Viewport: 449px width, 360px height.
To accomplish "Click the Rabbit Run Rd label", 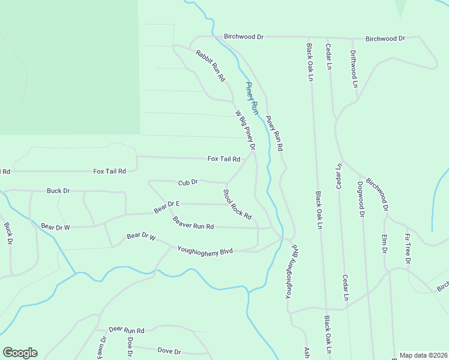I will pyautogui.click(x=210, y=65).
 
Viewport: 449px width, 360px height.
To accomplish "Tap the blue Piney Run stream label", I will pyautogui.click(x=251, y=98).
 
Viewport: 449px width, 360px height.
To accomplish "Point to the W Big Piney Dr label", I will pyautogui.click(x=245, y=130).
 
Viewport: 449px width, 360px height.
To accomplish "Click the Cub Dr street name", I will pyautogui.click(x=188, y=182).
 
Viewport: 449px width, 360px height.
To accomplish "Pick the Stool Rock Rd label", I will pyautogui.click(x=237, y=204).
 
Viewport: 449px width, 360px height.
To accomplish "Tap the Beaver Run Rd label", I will pyautogui.click(x=193, y=223).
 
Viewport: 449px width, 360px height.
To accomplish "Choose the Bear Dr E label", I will pyautogui.click(x=167, y=206).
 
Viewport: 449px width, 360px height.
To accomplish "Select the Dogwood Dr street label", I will pyautogui.click(x=361, y=198).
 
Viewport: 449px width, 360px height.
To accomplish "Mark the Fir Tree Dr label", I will pyautogui.click(x=407, y=248).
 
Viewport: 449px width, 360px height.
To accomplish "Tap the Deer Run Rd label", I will pyautogui.click(x=127, y=330).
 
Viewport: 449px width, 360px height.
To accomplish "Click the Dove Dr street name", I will pyautogui.click(x=169, y=350).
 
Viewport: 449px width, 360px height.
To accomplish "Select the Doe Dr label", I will pyautogui.click(x=130, y=346).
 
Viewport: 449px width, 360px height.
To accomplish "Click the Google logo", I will pyautogui.click(x=20, y=353).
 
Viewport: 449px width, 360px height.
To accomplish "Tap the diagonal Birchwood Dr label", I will pyautogui.click(x=378, y=194).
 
